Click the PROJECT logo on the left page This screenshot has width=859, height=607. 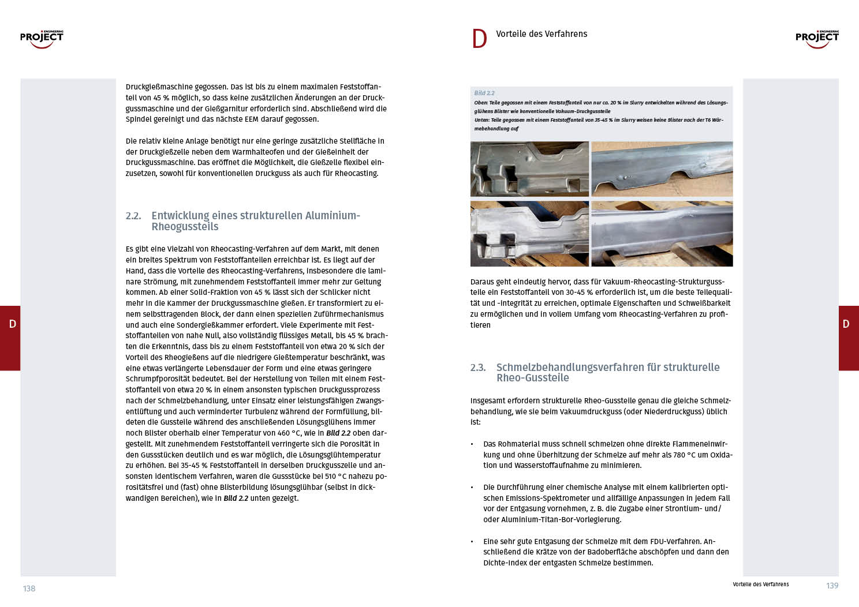tap(42, 39)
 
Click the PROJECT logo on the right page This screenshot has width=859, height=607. tap(817, 39)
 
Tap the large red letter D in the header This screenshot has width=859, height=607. tap(479, 39)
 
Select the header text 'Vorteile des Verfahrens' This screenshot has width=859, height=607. tap(541, 34)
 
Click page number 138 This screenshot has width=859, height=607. tap(29, 589)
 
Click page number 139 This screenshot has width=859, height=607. tap(832, 586)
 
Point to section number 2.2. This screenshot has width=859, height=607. tap(133, 216)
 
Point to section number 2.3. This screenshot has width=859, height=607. tap(478, 368)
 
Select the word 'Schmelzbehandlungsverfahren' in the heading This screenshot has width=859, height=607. tap(570, 368)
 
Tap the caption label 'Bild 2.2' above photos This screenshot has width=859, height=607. tap(484, 93)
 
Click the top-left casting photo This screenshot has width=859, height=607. tap(529, 169)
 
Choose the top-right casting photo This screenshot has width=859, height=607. tap(662, 169)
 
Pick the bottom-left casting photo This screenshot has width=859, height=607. tap(529, 234)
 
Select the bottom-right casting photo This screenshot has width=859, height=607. tap(662, 234)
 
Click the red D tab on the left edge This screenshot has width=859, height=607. tap(10, 338)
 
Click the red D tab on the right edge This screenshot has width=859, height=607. tap(848, 338)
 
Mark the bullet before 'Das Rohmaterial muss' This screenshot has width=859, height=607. tap(472, 444)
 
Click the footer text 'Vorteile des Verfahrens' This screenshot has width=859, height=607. tap(760, 584)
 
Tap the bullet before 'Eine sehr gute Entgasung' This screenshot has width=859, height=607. tap(472, 542)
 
